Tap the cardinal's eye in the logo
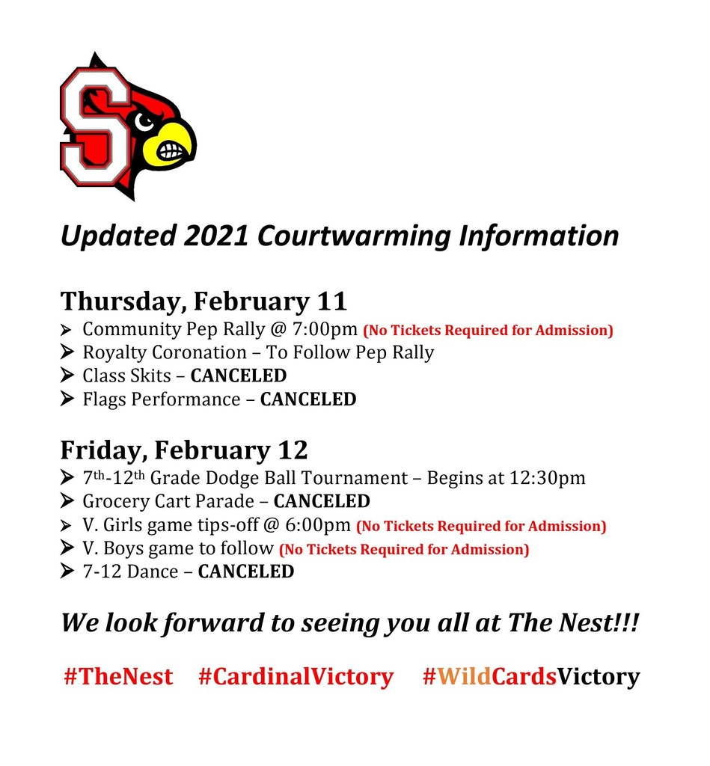[144, 121]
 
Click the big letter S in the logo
[96, 126]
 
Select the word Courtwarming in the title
[354, 236]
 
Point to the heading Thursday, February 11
[203, 301]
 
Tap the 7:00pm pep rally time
[325, 329]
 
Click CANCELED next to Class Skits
[239, 376]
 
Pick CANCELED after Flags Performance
[308, 399]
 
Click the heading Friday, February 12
[184, 450]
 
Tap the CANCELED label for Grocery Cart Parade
[322, 501]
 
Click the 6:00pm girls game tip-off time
[318, 525]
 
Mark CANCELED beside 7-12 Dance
[246, 572]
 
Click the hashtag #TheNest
[118, 676]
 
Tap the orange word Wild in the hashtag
[464, 676]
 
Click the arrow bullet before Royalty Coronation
[67, 352]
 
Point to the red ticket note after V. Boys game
[404, 550]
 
